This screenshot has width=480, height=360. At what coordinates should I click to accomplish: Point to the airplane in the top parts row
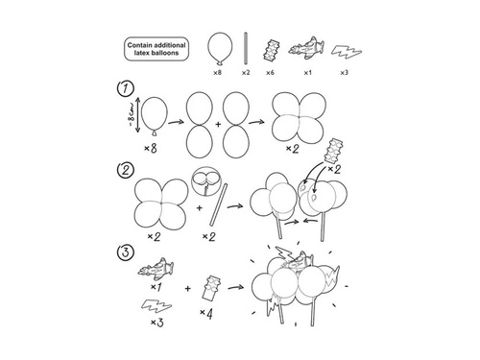[305, 47]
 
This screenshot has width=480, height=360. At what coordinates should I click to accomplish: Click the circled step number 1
[123, 89]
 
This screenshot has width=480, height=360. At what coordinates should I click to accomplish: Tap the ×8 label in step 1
[151, 149]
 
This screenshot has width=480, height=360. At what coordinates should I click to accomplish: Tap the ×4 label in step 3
[204, 313]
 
